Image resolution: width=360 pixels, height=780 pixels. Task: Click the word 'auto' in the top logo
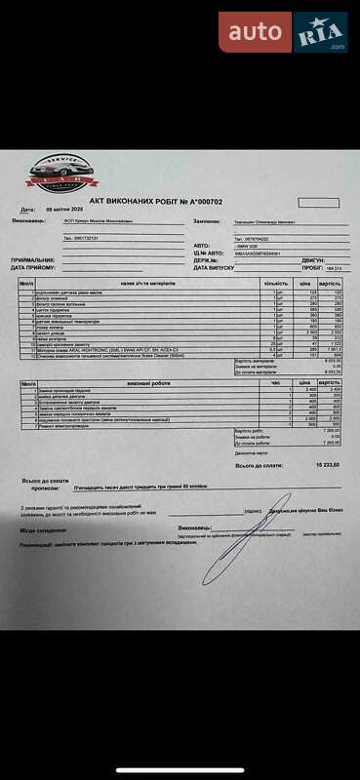(255, 34)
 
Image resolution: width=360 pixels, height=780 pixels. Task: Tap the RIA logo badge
(320, 33)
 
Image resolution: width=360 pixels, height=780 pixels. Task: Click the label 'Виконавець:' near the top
(28, 220)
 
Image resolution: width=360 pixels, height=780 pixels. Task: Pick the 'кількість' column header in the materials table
(276, 282)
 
